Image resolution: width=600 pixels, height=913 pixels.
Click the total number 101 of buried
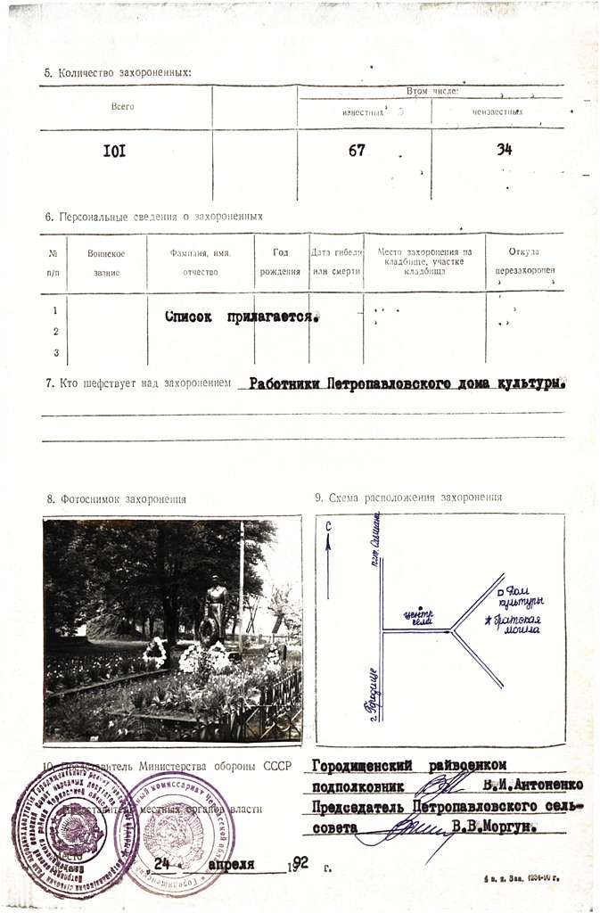point(115,151)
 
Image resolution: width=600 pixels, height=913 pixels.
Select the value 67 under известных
point(357,151)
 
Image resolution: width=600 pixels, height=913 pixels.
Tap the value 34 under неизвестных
point(505,150)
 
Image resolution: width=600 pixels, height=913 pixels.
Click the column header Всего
point(122,107)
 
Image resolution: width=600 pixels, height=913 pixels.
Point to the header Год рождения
point(280,262)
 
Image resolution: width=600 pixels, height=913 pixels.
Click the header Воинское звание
point(106,262)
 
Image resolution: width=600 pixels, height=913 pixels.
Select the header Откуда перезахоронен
point(523,261)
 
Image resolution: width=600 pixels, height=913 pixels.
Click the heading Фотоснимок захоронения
point(117,499)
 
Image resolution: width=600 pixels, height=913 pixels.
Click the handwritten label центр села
point(417,616)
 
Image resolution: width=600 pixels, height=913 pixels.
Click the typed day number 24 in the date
point(162,863)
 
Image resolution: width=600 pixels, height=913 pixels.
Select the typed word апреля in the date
point(231,863)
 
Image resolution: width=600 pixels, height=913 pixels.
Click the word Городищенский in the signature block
point(358,765)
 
